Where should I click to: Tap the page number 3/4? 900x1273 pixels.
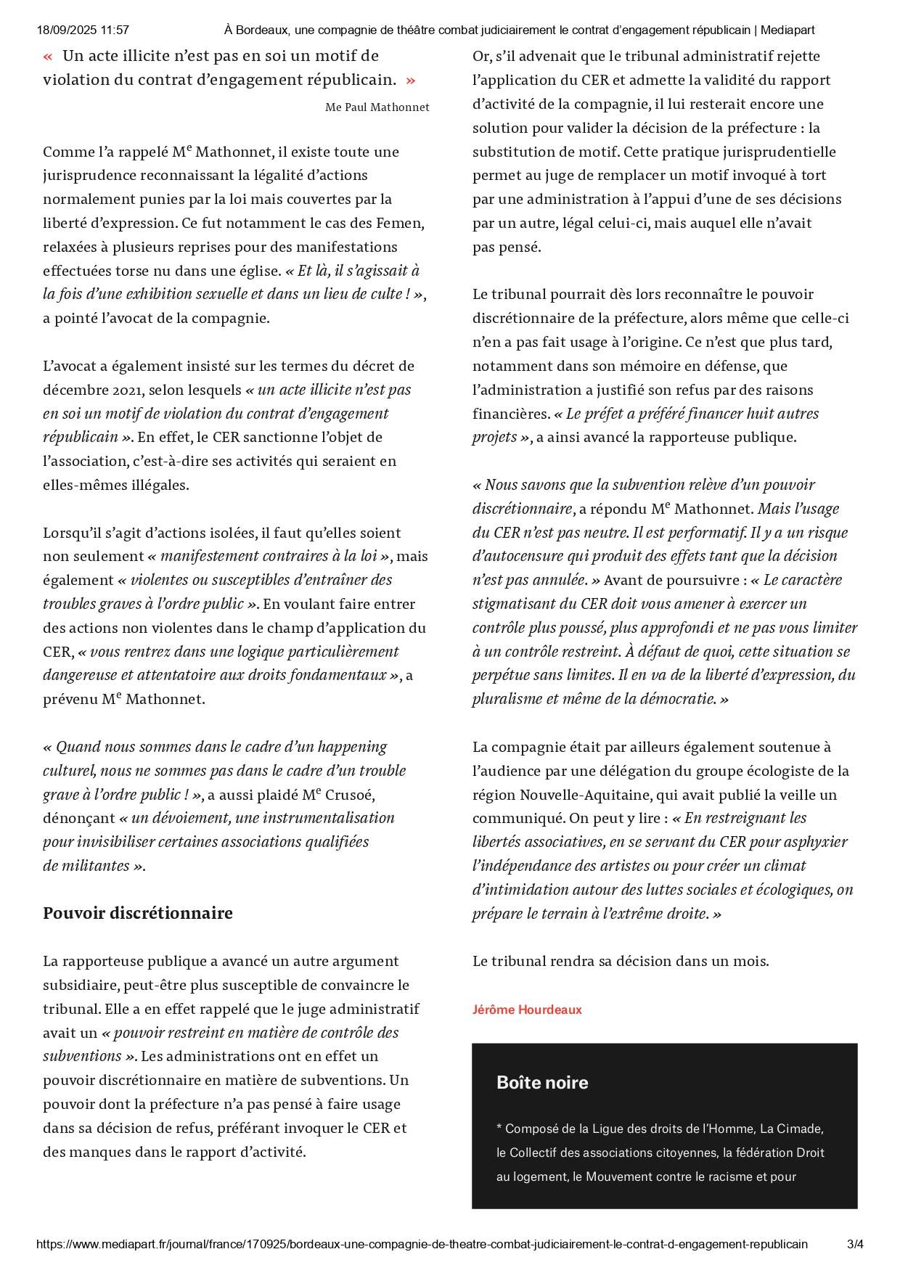(855, 1244)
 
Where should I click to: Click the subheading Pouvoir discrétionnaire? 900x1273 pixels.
(138, 913)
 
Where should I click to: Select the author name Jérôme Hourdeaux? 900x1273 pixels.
(527, 1010)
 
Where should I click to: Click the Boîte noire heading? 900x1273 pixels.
(542, 1082)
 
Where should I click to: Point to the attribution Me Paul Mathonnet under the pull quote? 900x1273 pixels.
(377, 107)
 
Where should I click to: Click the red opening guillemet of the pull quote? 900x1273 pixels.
(48, 57)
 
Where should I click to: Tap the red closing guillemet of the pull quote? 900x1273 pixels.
(411, 81)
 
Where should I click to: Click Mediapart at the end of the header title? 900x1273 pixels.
(787, 30)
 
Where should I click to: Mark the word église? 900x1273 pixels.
(258, 271)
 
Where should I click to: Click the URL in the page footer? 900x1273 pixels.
(422, 1244)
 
